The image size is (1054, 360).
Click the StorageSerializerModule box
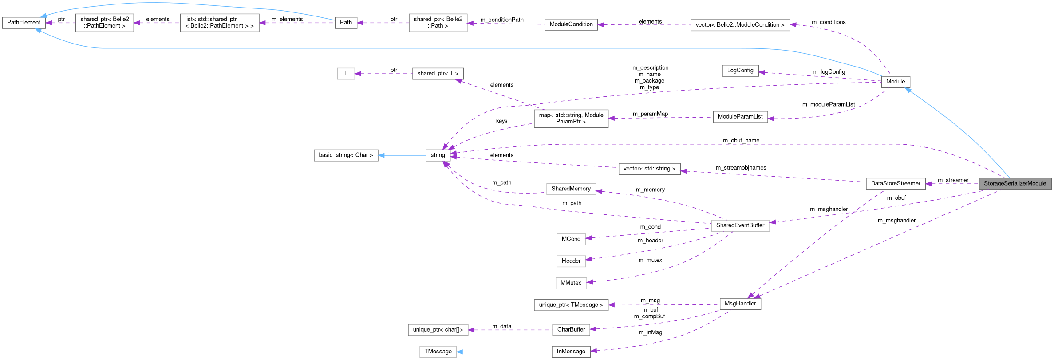coord(1015,183)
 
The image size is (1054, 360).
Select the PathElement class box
coord(24,23)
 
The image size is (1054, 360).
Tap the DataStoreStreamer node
coord(896,183)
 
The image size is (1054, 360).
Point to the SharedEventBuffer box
coord(740,225)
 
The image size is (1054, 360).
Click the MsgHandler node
coord(740,304)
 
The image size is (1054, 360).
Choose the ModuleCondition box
coord(571,24)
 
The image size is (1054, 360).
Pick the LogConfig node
coord(740,71)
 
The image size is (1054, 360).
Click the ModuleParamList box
coord(740,117)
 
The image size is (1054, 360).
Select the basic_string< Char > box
coord(346,155)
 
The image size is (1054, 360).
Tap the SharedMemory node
coord(571,189)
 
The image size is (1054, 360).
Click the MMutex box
coord(571,283)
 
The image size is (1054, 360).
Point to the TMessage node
coord(438,352)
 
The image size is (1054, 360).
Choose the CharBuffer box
coord(571,329)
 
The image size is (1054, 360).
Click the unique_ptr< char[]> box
coord(438,330)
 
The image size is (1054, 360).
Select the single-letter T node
coord(346,73)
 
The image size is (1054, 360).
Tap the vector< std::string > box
coord(649,169)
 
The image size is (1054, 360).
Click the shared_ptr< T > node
coord(438,74)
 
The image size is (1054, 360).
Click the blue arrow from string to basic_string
coord(402,155)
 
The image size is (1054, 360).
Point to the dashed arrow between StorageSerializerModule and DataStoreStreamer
coord(952,184)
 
